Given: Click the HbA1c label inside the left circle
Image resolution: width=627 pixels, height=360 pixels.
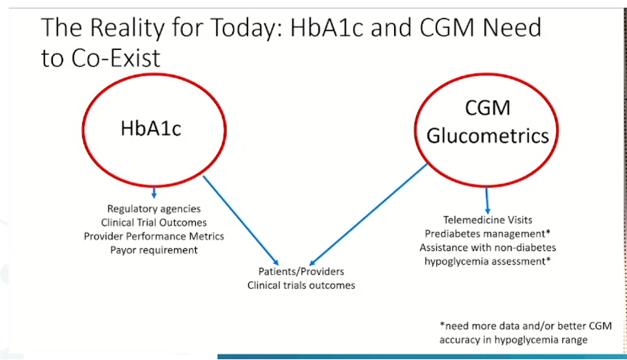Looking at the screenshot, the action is [x=151, y=128].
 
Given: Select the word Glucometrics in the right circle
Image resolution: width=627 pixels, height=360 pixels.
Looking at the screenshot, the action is [x=488, y=136].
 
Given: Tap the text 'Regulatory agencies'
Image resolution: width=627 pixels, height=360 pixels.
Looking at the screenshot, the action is [x=154, y=209].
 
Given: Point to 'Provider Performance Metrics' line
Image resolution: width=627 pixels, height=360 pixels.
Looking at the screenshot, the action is [x=154, y=236].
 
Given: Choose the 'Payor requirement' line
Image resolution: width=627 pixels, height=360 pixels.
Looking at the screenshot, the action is [x=154, y=250].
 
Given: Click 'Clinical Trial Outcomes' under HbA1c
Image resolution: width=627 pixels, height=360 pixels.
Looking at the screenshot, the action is [x=154, y=222].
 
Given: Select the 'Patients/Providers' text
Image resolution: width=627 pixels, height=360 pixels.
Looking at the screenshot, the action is [x=301, y=271].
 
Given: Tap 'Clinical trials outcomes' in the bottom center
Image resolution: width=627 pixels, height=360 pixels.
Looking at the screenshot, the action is [x=301, y=285].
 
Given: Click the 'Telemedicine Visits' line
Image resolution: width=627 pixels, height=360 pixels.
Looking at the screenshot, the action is [x=488, y=220].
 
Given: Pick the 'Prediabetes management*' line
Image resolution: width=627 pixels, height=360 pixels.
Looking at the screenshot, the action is [x=488, y=234].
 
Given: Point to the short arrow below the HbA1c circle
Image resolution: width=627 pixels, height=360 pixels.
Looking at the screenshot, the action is [x=154, y=192].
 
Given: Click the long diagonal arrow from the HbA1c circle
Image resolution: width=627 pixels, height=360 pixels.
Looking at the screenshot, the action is [x=241, y=221].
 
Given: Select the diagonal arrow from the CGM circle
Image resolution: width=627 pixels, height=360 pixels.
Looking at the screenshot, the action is [x=368, y=214].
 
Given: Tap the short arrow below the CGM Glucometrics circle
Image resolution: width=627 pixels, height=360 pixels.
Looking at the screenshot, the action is [x=487, y=200].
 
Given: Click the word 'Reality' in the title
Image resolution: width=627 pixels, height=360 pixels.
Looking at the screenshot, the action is [x=127, y=28].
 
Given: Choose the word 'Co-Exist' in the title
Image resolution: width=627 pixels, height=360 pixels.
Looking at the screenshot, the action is [x=115, y=58].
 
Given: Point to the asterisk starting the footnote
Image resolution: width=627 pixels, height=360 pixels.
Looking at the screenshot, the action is [x=442, y=324].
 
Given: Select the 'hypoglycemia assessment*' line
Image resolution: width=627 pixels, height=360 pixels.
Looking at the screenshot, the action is [x=488, y=261].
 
